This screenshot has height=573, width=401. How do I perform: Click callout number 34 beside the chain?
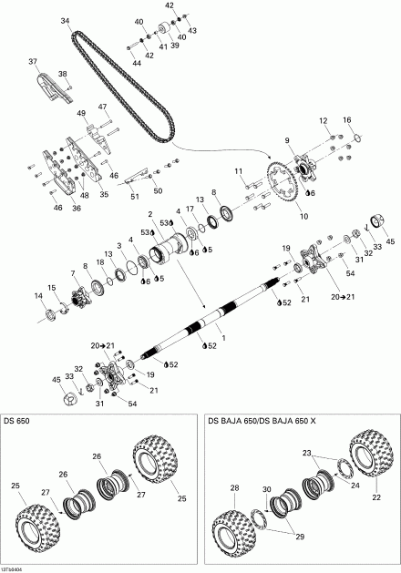click(x=65, y=20)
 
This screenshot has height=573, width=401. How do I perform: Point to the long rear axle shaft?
click(x=210, y=322)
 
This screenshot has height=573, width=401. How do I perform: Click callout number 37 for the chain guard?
click(x=34, y=62)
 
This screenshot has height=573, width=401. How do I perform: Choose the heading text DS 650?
click(x=16, y=421)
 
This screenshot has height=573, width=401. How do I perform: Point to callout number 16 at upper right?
click(x=346, y=120)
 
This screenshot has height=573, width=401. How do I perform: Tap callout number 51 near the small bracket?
click(x=134, y=196)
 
